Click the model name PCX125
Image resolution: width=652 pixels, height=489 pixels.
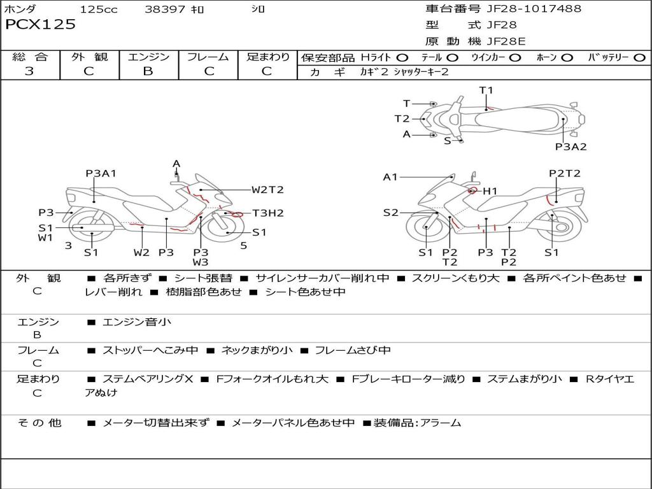[x=40, y=24]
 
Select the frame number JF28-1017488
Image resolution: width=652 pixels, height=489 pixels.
[x=534, y=8]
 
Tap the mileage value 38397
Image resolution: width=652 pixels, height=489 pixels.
[x=164, y=9]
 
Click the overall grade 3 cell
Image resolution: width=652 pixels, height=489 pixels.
[x=29, y=71]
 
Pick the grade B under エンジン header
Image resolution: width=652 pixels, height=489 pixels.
[x=148, y=71]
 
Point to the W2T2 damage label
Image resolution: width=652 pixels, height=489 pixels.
[x=267, y=190]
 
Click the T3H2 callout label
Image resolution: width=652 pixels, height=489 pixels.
[x=268, y=213]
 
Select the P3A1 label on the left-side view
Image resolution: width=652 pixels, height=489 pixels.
[x=101, y=173]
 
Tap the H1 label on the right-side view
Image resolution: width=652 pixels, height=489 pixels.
[x=490, y=191]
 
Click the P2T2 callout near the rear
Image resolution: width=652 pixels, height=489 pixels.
[x=565, y=173]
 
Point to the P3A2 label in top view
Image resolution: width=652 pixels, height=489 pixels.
[x=571, y=147]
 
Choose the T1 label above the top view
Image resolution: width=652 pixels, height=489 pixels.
[x=486, y=90]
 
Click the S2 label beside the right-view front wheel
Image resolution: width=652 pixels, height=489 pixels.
[x=390, y=213]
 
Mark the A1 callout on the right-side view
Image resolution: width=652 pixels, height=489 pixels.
[x=390, y=178]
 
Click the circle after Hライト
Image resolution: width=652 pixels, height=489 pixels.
[x=402, y=58]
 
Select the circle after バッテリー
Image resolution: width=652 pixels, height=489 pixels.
[x=639, y=58]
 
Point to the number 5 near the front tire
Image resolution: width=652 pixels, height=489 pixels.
[x=244, y=246]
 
